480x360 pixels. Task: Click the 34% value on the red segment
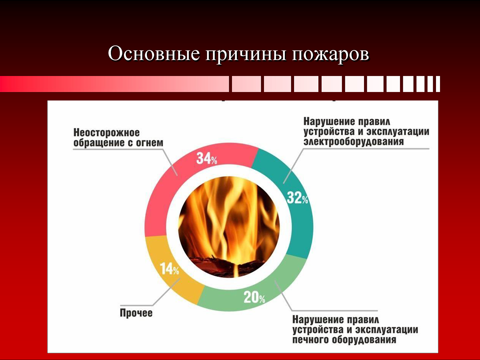[207, 158]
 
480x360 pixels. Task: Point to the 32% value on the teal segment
[298, 198]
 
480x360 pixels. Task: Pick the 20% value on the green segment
[254, 297]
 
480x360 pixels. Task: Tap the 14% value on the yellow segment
[169, 269]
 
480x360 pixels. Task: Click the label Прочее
[136, 313]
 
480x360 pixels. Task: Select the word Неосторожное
[106, 133]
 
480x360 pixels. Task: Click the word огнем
[150, 143]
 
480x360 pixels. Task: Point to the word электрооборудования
[354, 142]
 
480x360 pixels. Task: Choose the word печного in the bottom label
[310, 340]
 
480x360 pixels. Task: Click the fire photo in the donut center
[229, 227]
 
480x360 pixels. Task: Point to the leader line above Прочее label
[151, 291]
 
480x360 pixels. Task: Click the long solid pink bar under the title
[114, 84]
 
